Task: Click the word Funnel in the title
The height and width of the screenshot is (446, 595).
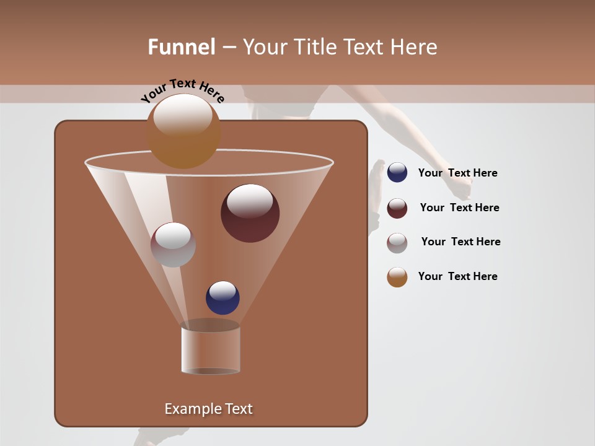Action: tap(181, 47)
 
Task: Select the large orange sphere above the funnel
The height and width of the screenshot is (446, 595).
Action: tap(183, 131)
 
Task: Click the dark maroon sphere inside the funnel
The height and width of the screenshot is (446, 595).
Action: tap(250, 213)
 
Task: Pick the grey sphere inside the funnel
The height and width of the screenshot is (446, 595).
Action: tap(173, 245)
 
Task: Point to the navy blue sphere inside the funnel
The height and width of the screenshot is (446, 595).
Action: tap(223, 298)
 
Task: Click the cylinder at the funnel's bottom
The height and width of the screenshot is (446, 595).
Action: tap(210, 350)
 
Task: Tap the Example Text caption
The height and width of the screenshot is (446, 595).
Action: tap(208, 409)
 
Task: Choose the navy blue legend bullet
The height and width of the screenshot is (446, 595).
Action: tap(397, 173)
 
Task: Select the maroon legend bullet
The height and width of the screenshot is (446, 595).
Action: tap(397, 208)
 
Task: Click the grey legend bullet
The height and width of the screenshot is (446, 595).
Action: tap(397, 242)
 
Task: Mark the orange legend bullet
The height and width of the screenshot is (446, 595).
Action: tap(397, 277)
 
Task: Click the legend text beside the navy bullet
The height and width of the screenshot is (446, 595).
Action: tap(457, 173)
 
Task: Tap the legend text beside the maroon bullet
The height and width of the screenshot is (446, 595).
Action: tap(459, 208)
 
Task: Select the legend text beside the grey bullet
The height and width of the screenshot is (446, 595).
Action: tap(461, 242)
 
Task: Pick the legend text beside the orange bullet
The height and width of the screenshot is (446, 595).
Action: tap(457, 277)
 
